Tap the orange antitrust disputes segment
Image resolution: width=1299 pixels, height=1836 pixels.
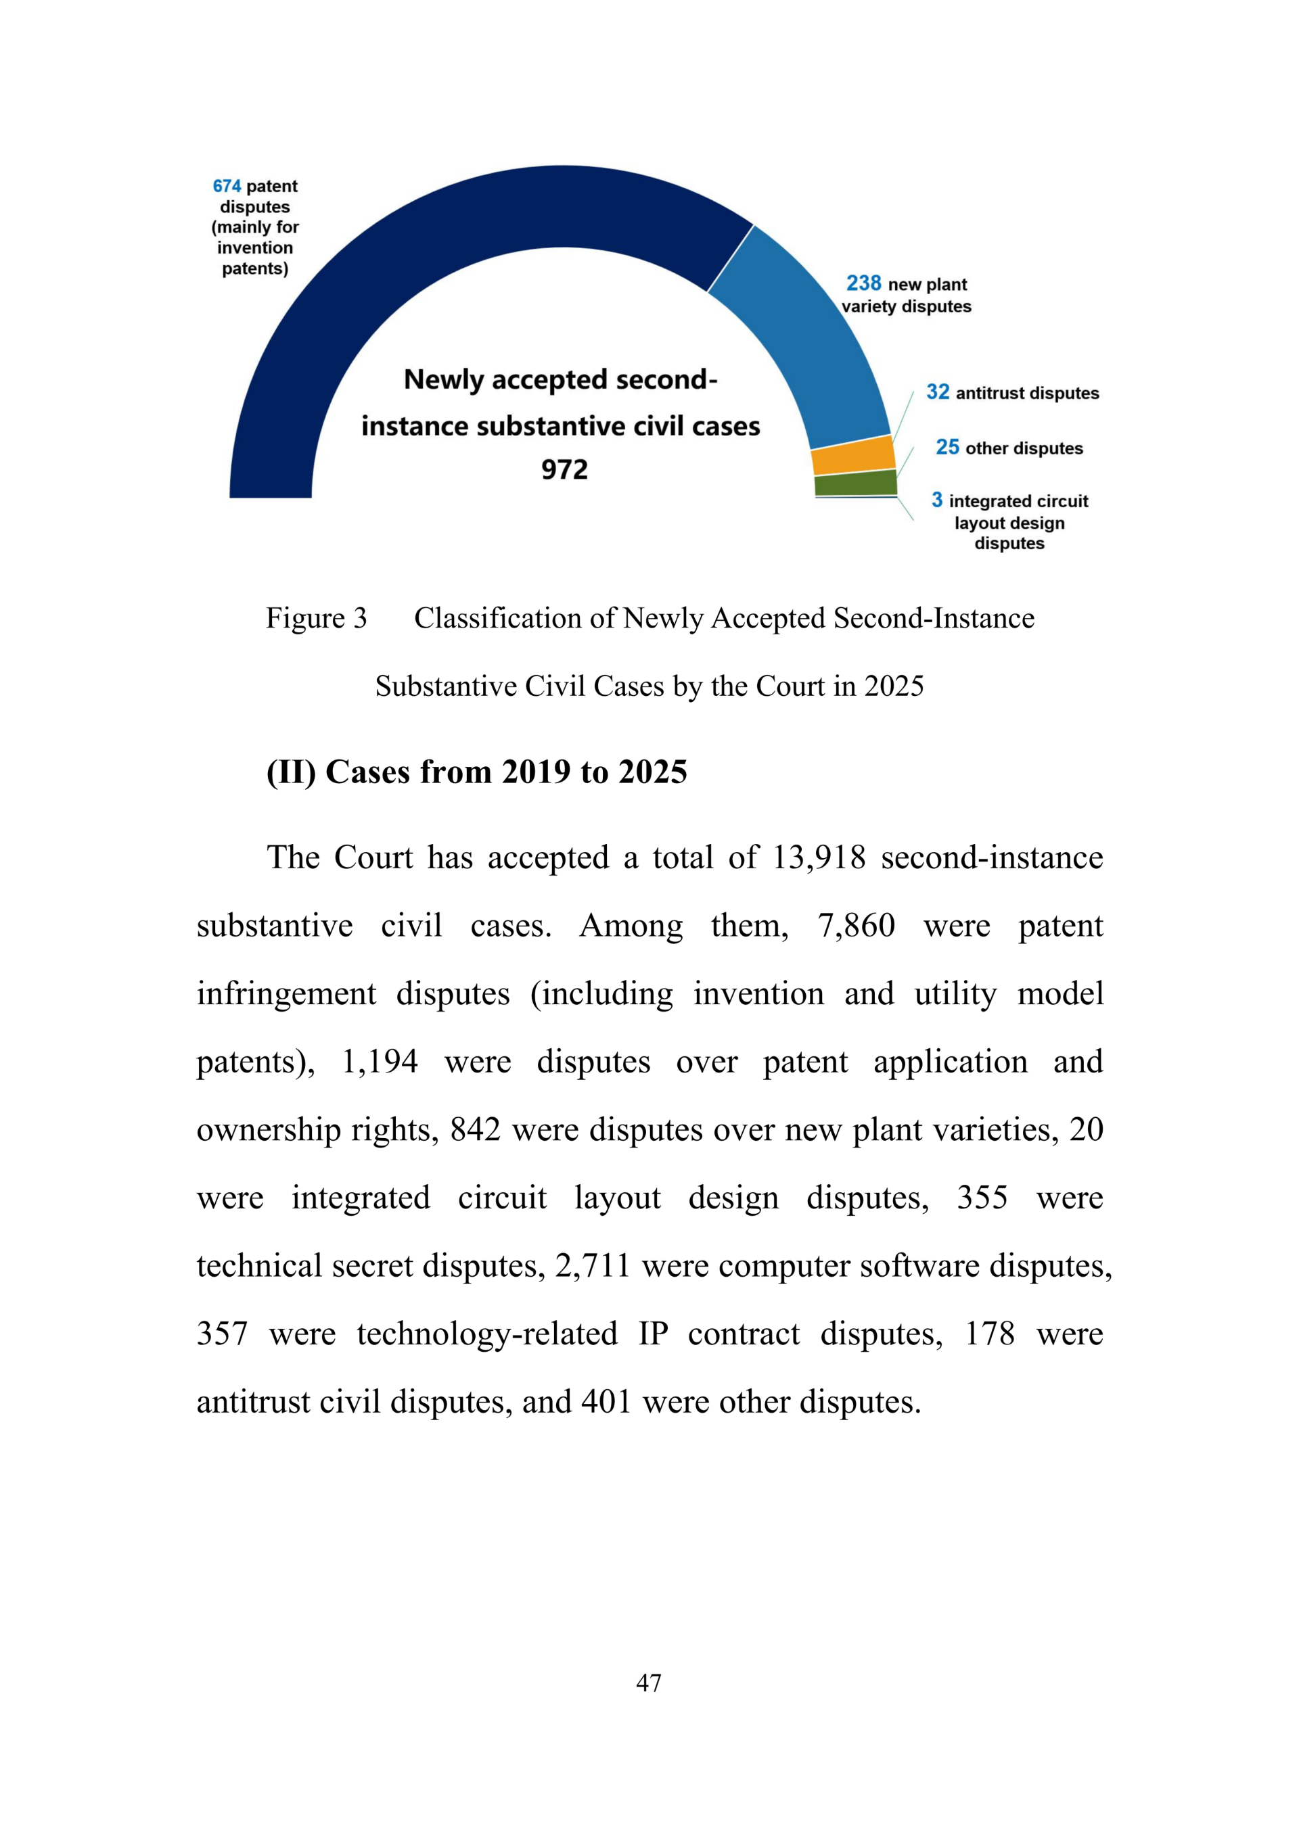tap(852, 456)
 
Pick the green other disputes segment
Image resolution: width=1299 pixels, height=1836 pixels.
tap(856, 483)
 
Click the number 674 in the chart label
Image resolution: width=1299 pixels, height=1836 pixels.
tap(227, 187)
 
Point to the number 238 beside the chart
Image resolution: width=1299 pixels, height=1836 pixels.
tap(863, 284)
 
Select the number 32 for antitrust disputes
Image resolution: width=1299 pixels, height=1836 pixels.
tap(938, 392)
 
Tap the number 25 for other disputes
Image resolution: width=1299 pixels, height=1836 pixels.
tap(947, 447)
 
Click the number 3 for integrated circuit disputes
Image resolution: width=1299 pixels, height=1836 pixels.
tap(936, 500)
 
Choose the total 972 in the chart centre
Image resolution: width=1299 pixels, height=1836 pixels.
tap(564, 469)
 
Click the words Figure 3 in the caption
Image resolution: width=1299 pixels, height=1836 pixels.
tap(316, 618)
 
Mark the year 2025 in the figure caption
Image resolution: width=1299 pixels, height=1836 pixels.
tap(894, 686)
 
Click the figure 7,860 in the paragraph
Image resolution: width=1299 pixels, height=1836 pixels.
tap(855, 926)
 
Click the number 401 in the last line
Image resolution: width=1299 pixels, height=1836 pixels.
tap(606, 1402)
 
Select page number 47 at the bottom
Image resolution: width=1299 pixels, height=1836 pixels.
tap(649, 1683)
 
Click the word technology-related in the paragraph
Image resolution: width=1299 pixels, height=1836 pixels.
tap(487, 1334)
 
